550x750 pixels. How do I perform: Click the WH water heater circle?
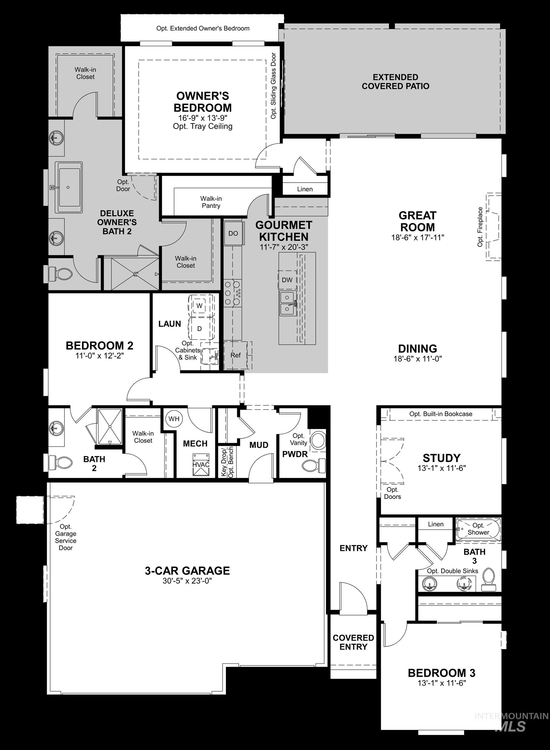coord(174,419)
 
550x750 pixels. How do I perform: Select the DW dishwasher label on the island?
coord(287,280)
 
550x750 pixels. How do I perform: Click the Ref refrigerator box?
coord(236,355)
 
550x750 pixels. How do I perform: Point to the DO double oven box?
coord(233,233)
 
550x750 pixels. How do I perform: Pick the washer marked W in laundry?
coord(200,305)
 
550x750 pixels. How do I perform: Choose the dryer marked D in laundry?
coord(200,329)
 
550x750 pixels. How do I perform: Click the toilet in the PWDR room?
coord(315,465)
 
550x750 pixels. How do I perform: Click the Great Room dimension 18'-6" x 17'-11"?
coord(417,238)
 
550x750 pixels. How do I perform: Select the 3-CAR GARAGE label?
coord(187,570)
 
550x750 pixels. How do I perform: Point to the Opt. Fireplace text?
coord(480,227)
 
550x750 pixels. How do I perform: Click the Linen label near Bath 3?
coord(435,524)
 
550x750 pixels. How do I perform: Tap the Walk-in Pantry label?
coord(211,202)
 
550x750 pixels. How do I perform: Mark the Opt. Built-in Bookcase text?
coord(441,414)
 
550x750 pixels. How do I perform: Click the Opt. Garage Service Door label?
coord(65,537)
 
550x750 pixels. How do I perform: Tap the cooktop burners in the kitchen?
coord(232,293)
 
